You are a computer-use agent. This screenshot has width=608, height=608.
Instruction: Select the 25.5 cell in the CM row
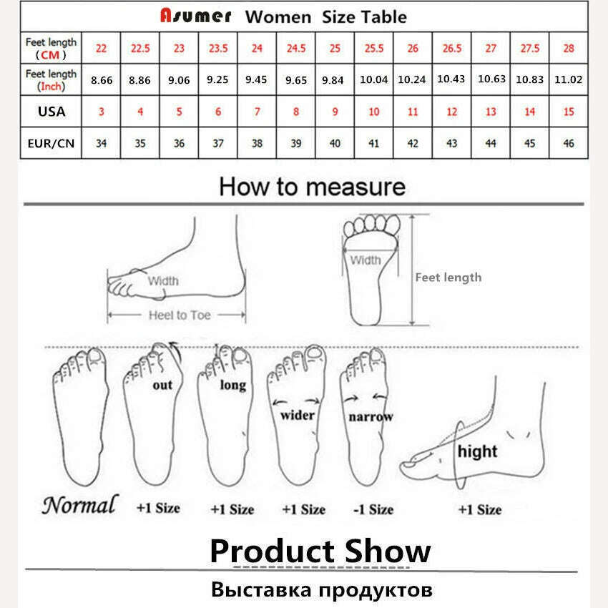click(x=374, y=48)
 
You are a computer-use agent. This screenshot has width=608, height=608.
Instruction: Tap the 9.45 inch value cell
click(x=257, y=80)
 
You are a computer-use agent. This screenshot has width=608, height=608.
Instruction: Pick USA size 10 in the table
click(x=374, y=112)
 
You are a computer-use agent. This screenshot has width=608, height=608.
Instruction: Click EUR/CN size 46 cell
click(x=569, y=143)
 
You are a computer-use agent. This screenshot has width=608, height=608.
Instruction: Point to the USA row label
click(x=51, y=112)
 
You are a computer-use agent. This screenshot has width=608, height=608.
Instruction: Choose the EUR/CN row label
click(x=51, y=143)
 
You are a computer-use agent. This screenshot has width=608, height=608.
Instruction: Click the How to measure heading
click(x=312, y=187)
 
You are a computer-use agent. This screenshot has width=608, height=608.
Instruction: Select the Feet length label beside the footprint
click(x=448, y=278)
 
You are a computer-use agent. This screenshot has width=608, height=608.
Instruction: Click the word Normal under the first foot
click(x=79, y=505)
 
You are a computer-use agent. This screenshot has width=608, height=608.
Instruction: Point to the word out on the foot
click(x=162, y=385)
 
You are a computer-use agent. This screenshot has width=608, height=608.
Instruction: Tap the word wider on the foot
click(x=298, y=414)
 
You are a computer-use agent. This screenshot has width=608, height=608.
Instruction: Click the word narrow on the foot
click(x=371, y=416)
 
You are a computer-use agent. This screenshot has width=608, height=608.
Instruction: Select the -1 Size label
click(x=373, y=509)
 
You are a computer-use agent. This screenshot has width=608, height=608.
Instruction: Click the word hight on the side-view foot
click(x=477, y=451)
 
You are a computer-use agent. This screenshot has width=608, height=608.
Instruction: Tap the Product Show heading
click(x=320, y=551)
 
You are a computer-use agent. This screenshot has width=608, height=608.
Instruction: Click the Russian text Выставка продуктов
click(x=322, y=591)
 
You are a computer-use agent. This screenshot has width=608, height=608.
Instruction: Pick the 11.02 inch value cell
click(x=569, y=80)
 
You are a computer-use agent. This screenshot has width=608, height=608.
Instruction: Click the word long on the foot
click(x=232, y=385)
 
